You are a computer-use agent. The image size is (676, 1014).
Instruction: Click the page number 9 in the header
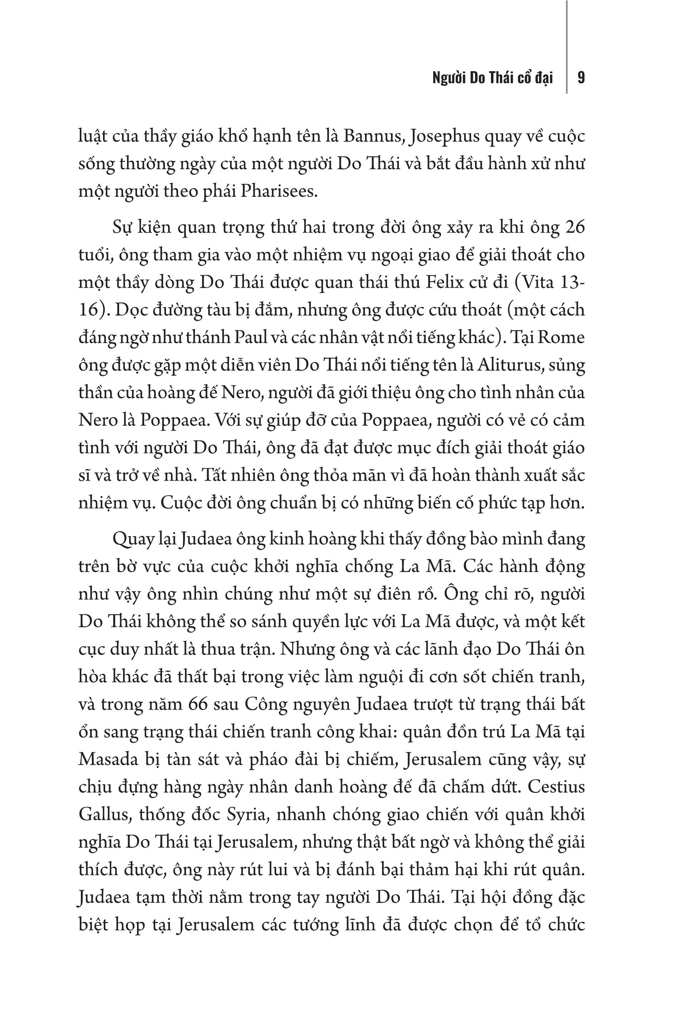click(x=581, y=78)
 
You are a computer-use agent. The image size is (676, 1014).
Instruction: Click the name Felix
click(x=444, y=283)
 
